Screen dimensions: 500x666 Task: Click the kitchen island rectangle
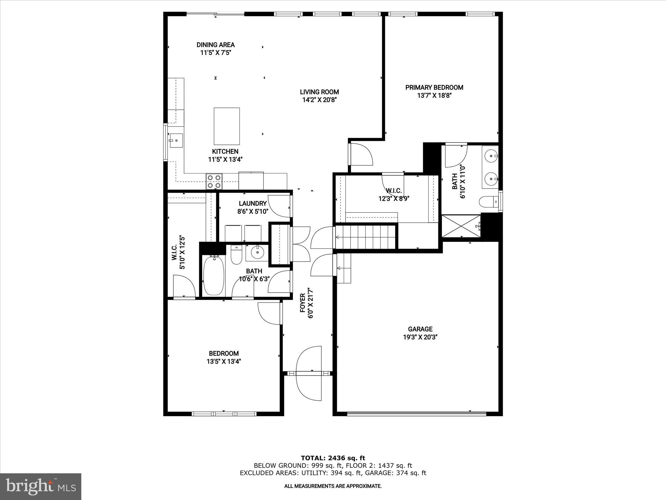coord(227,126)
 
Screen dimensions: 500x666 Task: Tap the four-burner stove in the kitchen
coord(214,182)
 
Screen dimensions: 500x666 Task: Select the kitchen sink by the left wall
coord(176,141)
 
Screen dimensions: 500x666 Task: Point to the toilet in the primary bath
coord(488,201)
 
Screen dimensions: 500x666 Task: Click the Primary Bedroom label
coord(434,87)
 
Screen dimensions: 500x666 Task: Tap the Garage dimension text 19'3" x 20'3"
coord(420,337)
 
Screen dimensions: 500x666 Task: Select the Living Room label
coord(319,92)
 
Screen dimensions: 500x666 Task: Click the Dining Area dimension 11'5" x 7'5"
coord(216,53)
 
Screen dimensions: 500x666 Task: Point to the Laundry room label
coord(253,203)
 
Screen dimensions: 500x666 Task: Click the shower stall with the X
coord(461,226)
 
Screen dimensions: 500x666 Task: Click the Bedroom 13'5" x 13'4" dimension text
coord(224,361)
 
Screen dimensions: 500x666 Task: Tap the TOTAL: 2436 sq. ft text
coord(333,458)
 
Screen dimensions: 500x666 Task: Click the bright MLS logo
coord(41,486)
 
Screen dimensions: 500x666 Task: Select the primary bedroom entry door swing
coord(361,155)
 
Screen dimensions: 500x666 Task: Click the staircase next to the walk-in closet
coord(366,237)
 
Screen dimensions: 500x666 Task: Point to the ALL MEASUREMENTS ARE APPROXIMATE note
coord(333,486)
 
